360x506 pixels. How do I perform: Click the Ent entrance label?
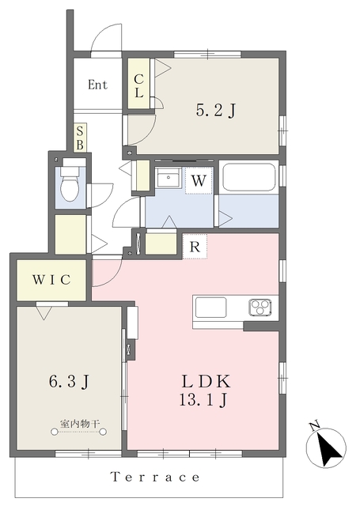click(x=97, y=85)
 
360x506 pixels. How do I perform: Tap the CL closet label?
click(x=138, y=86)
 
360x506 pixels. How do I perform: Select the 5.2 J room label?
click(x=216, y=111)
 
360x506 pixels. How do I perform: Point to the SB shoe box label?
click(x=80, y=138)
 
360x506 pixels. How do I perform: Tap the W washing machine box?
click(x=199, y=180)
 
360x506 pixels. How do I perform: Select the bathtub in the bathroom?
click(x=249, y=177)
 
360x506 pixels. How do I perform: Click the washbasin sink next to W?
click(x=169, y=177)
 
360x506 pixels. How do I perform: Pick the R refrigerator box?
click(x=195, y=247)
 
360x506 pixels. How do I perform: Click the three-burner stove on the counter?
click(x=260, y=308)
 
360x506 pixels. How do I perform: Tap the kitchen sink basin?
click(x=210, y=308)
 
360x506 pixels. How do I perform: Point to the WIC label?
click(x=51, y=279)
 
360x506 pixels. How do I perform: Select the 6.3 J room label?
click(x=69, y=381)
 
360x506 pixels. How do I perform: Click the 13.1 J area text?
click(x=203, y=401)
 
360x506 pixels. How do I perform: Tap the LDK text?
click(x=206, y=382)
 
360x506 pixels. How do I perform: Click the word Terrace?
click(x=155, y=477)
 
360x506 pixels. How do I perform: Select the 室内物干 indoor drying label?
click(x=79, y=424)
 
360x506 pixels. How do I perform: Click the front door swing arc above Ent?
click(x=107, y=37)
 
